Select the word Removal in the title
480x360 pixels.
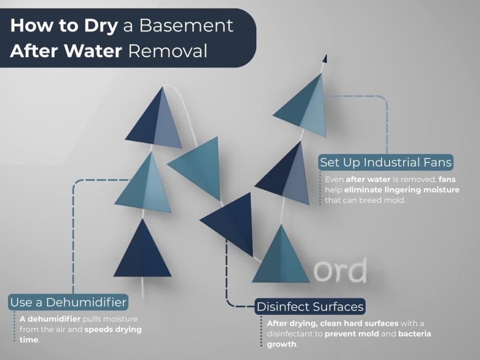[x=167, y=51]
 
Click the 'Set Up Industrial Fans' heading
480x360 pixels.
[x=386, y=163]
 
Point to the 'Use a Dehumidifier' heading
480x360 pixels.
[x=68, y=302]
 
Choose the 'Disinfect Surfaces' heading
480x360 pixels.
[x=310, y=307]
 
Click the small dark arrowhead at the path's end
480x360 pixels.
[x=324, y=59]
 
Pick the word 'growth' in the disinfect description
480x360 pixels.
[x=281, y=344]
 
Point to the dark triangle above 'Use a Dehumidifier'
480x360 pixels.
[x=142, y=251]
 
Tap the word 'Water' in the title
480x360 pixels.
[x=97, y=51]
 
